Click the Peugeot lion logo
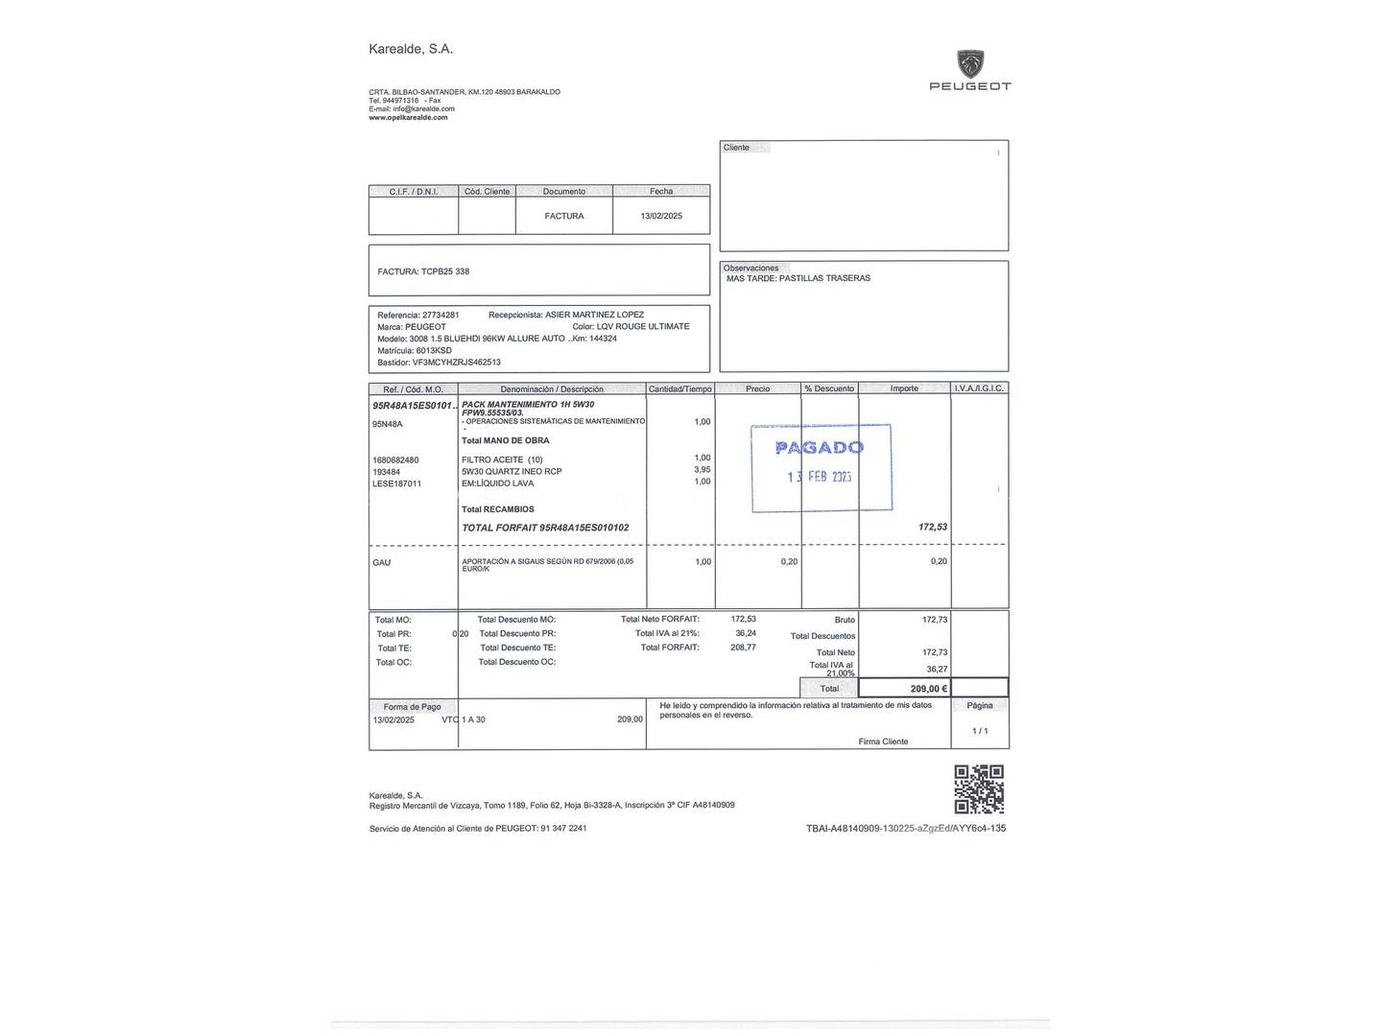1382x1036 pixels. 970,63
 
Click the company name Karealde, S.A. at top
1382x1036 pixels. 411,49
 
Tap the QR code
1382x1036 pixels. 979,789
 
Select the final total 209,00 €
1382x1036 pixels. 928,688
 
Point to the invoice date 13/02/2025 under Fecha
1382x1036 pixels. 661,216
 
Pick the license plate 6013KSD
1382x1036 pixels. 434,350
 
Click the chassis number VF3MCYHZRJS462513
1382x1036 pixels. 456,363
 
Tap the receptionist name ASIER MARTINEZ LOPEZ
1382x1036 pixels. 594,315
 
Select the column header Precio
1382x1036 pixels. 757,388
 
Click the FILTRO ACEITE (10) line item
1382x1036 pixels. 502,459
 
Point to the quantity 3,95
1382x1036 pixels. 702,470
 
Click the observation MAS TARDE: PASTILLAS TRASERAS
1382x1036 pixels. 798,278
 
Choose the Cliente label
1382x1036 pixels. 736,148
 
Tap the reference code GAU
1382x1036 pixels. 381,562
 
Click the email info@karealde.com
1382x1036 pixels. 423,108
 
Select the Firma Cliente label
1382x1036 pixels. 883,742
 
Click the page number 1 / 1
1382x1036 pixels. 979,731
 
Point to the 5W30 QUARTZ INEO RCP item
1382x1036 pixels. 512,472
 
